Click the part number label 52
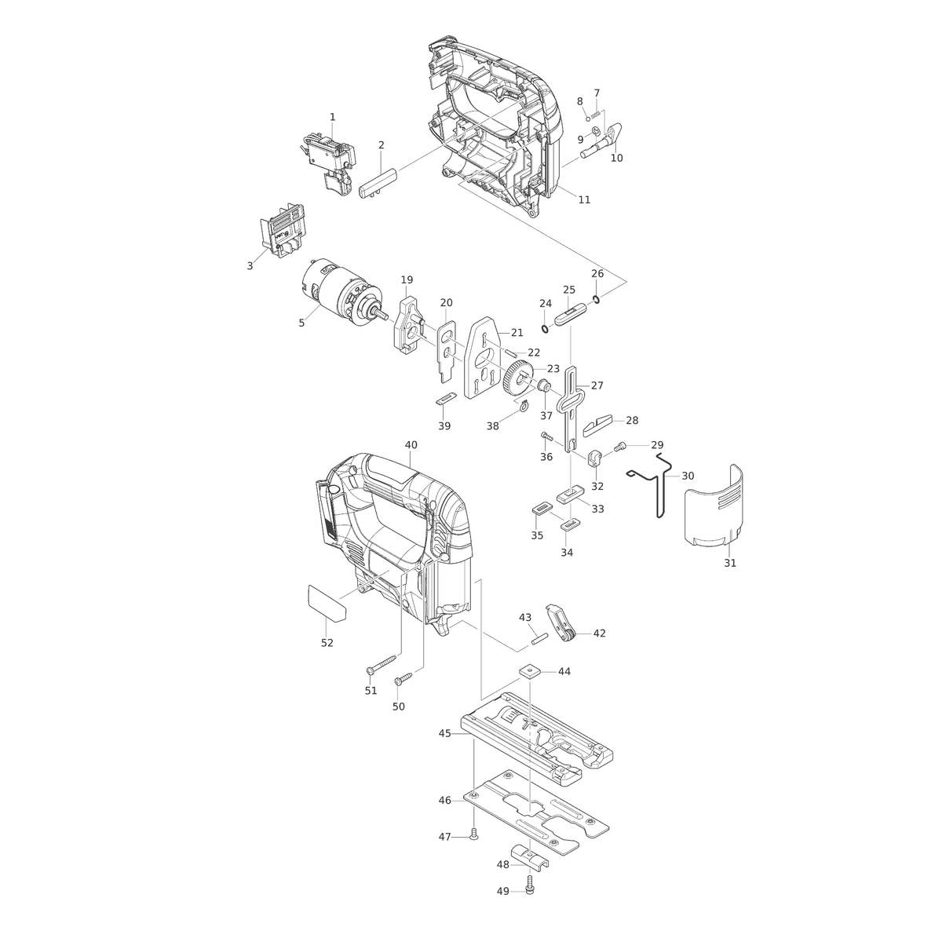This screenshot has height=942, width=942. pos(327,643)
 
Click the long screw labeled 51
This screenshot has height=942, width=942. pos(383,665)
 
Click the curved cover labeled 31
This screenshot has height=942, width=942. pos(714,506)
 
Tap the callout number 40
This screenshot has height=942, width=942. pos(411,445)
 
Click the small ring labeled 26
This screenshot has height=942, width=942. pos(597,299)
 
